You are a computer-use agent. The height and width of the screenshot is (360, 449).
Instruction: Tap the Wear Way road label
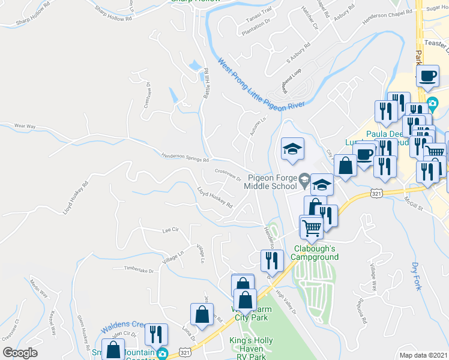[x=25, y=127]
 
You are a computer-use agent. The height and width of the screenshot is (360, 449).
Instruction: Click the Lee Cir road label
[x=170, y=230]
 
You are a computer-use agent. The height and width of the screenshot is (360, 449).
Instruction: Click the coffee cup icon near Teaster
[x=427, y=76]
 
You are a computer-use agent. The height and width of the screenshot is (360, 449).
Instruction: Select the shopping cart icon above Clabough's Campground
[x=311, y=226]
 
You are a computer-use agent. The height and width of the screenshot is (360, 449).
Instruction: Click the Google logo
[x=20, y=353]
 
